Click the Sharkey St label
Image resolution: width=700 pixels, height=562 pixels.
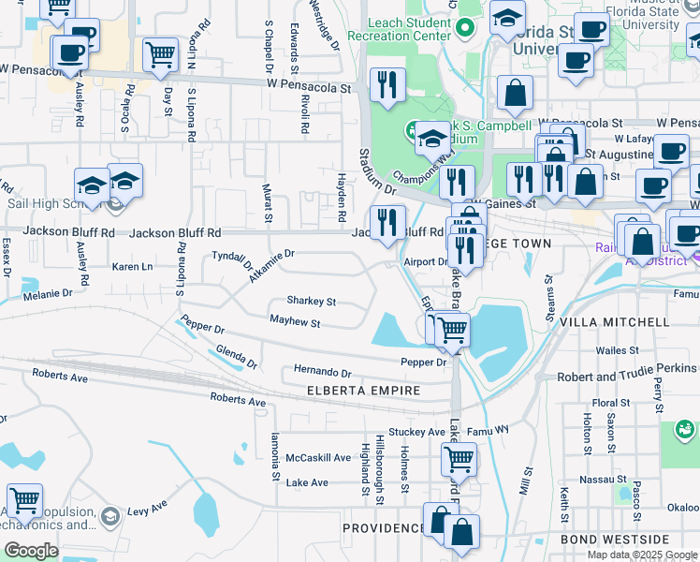(311, 302)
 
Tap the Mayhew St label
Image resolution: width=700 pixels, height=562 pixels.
(295, 323)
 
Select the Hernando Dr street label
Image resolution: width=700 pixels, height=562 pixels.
(322, 371)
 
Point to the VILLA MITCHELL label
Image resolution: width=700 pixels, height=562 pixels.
(614, 322)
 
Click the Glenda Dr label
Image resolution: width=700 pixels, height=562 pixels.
(236, 356)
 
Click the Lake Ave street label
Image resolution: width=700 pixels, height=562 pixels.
(307, 482)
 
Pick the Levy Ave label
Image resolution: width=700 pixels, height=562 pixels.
(146, 511)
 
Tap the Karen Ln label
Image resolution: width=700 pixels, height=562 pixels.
(132, 267)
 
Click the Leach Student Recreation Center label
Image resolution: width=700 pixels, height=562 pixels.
(399, 27)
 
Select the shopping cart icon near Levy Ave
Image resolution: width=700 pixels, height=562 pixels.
(24, 501)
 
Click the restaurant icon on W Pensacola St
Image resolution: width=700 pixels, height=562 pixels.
(385, 84)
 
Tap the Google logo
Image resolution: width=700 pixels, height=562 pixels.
(31, 551)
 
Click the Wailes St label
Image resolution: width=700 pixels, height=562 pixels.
(617, 350)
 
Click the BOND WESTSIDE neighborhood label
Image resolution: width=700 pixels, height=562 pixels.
(615, 540)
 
